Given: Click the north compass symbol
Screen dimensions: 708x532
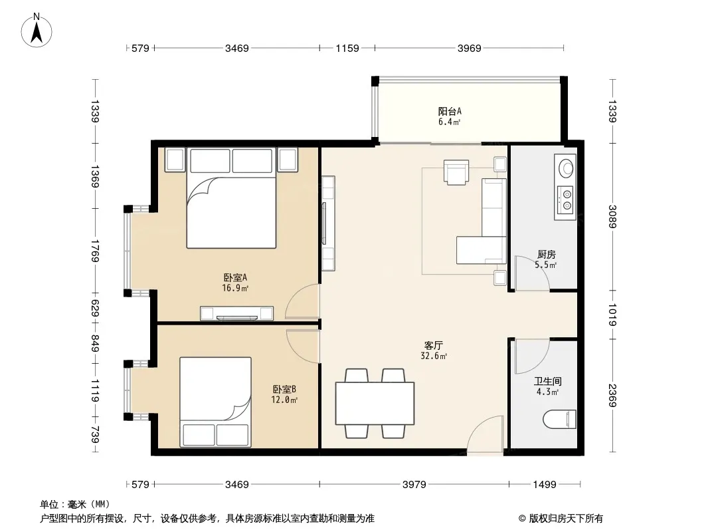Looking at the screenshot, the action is (37, 31).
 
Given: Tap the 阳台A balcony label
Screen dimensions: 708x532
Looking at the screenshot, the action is (450, 111).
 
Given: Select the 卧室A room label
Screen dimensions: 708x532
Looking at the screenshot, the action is (235, 277).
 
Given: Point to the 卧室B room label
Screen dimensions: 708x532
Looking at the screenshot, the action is (284, 389).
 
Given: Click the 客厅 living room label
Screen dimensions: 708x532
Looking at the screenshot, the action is (434, 346).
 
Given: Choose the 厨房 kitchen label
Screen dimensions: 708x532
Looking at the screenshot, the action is (547, 255).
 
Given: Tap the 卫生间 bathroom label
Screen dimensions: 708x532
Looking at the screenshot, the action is (548, 382).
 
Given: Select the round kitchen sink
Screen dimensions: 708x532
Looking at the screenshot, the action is (566, 168).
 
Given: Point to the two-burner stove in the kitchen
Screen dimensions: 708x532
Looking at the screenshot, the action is (565, 200).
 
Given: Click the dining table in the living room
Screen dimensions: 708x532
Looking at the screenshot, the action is (375, 403).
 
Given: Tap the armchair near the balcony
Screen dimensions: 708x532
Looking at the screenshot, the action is (456, 172).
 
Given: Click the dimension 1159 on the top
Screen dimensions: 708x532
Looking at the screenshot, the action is (347, 48).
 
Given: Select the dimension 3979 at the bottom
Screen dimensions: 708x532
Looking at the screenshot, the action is (414, 485).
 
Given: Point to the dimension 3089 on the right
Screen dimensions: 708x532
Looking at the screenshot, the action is (612, 217).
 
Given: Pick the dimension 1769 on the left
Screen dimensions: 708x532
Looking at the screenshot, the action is (94, 251).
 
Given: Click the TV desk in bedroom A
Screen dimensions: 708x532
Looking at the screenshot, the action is (236, 313).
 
